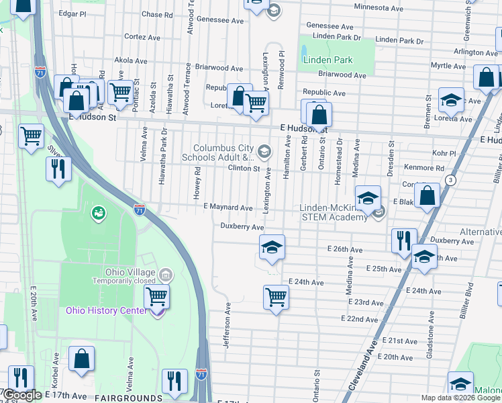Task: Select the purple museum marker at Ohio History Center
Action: [157, 312]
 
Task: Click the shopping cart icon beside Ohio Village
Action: [156, 296]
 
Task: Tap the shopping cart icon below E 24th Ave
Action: [276, 296]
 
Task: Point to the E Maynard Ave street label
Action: [228, 208]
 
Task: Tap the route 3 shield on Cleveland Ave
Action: [450, 180]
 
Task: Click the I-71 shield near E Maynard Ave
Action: [139, 210]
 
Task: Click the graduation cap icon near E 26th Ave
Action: [272, 247]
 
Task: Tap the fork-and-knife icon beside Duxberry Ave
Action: [404, 240]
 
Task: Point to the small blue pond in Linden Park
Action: [303, 51]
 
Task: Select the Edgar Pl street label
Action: [72, 13]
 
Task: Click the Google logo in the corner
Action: [21, 396]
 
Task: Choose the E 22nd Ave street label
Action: [359, 318]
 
